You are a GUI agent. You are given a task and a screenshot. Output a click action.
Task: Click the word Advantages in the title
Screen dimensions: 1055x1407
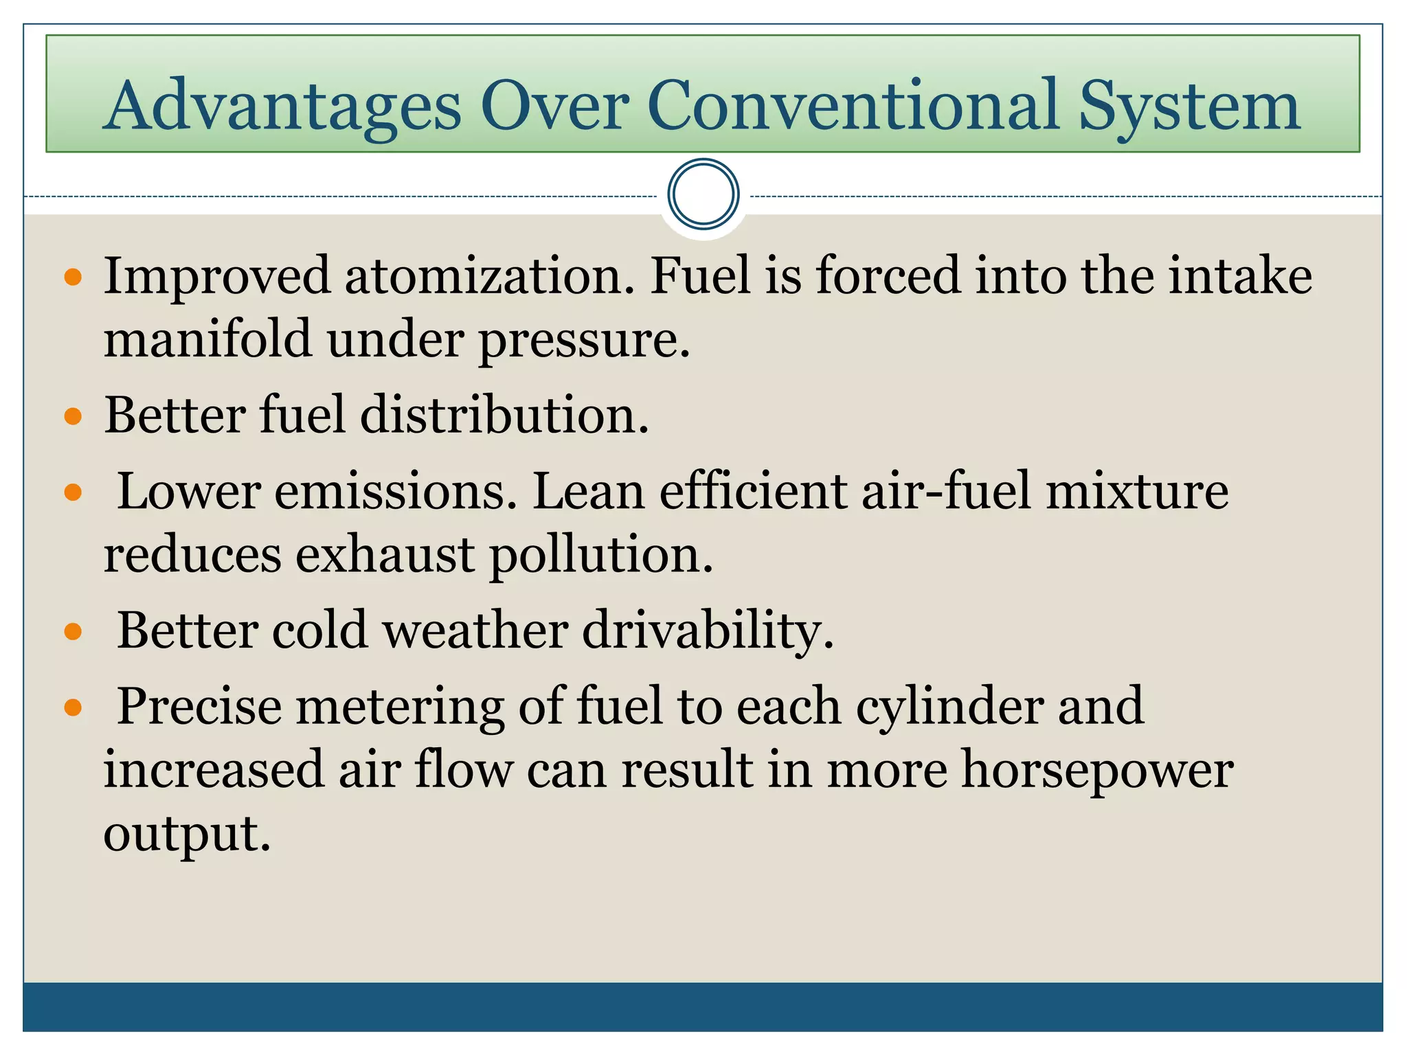click(x=284, y=106)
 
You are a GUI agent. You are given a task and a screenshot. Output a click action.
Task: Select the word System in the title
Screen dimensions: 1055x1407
click(x=1189, y=106)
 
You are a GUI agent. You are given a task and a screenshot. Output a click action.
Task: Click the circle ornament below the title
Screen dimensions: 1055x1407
click(x=703, y=194)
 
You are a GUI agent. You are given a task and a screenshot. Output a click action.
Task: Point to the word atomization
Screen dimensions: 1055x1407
click(x=489, y=276)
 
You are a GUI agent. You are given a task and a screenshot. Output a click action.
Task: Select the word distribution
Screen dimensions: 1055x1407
click(x=504, y=416)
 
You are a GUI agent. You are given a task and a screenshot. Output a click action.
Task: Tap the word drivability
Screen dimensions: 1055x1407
click(x=708, y=631)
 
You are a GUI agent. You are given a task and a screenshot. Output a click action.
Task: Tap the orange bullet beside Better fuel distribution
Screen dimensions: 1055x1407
click(x=73, y=416)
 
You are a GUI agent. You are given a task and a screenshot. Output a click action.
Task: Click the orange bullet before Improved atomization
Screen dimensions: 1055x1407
click(x=73, y=277)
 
